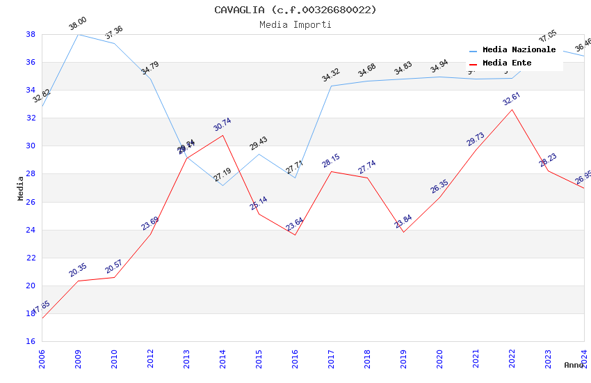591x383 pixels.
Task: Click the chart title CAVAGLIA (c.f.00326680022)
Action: coord(295,10)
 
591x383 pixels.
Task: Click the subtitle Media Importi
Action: coord(295,24)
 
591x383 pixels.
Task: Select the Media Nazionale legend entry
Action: coord(519,50)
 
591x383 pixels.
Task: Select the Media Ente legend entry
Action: coord(507,63)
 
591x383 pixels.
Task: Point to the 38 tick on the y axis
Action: coord(31,34)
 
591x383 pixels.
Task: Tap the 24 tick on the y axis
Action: coord(31,230)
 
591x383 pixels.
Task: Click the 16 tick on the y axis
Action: coord(31,341)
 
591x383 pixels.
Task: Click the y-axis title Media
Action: coord(21,188)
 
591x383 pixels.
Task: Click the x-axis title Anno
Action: coord(574,365)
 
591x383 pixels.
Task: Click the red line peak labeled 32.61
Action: coord(512,109)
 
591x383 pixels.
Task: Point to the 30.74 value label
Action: coord(222,125)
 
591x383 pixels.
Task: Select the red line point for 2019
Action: coord(403,231)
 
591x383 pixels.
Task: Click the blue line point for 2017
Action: coord(331,86)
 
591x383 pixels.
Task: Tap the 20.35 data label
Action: coord(78,270)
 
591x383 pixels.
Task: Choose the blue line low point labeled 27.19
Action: coord(222,185)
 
